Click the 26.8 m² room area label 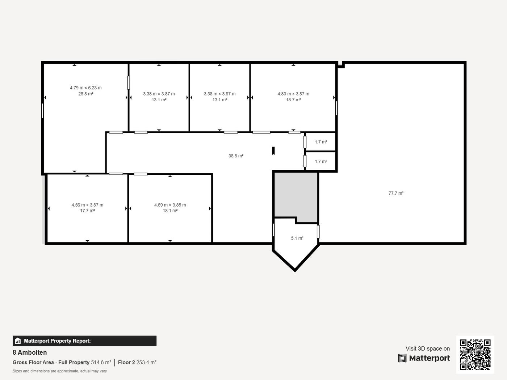pyautogui.click(x=86, y=94)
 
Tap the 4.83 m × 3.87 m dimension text pyautogui.click(x=293, y=94)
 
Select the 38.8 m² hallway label pyautogui.click(x=236, y=156)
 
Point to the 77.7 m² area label pyautogui.click(x=396, y=193)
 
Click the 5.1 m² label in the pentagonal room pyautogui.click(x=297, y=238)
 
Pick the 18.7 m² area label pyautogui.click(x=293, y=100)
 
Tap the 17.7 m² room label pyautogui.click(x=87, y=211)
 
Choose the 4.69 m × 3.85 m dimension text pyautogui.click(x=170, y=205)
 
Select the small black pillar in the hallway pyautogui.click(x=273, y=151)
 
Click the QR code pyautogui.click(x=475, y=355)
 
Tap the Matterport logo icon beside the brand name pyautogui.click(x=402, y=358)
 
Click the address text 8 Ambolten pyautogui.click(x=30, y=352)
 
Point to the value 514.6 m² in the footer pyautogui.click(x=101, y=362)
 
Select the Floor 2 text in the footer pyautogui.click(x=126, y=362)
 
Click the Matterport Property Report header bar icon pyautogui.click(x=17, y=341)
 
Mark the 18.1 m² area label pyautogui.click(x=170, y=211)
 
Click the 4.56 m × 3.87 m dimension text pyautogui.click(x=87, y=205)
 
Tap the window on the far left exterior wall pyautogui.click(x=42, y=111)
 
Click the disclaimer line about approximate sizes pyautogui.click(x=60, y=371)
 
